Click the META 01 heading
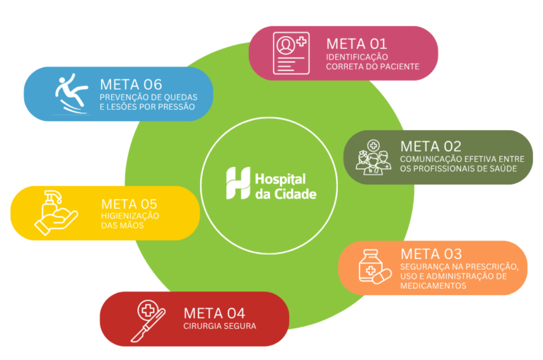click(x=356, y=44)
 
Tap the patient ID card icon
click(x=291, y=53)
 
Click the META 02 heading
click(x=431, y=146)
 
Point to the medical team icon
click(x=373, y=157)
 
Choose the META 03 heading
click(x=431, y=254)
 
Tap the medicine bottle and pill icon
click(x=375, y=267)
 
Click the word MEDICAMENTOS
click(x=433, y=286)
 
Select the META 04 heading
click(x=214, y=313)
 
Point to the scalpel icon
click(x=148, y=321)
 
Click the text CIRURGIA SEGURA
click(x=220, y=326)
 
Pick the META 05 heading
click(x=129, y=204)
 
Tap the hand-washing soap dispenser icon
click(x=56, y=213)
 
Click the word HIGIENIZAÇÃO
click(x=130, y=216)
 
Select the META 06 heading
click(x=131, y=85)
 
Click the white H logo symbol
click(x=238, y=183)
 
